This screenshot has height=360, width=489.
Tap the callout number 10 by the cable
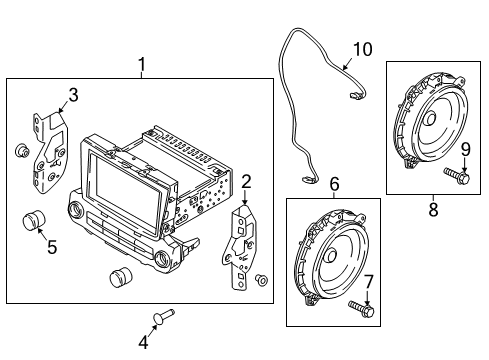point(361,48)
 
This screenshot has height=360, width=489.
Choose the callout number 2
point(246,181)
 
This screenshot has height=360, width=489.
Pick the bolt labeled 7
point(361,309)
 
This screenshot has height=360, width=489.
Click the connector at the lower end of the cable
point(310,179)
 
